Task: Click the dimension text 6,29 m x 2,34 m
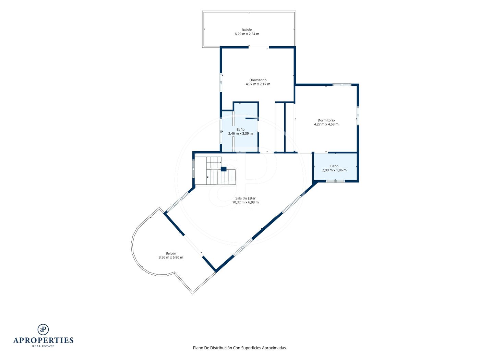[x=247, y=34]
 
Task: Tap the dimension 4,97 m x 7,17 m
[x=258, y=84]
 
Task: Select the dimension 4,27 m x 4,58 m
[x=326, y=124]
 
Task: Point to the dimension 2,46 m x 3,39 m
[x=241, y=133]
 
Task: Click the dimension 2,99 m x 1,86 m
[x=334, y=170]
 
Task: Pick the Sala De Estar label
[x=245, y=198]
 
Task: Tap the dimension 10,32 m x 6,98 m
[x=245, y=202]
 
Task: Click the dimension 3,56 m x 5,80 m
[x=171, y=257]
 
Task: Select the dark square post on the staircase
[x=224, y=169]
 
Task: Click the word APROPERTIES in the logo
[x=43, y=340]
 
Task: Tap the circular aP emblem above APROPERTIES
[x=43, y=329]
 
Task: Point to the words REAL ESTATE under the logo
[x=43, y=346]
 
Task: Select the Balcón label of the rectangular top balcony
[x=247, y=30]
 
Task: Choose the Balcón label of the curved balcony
[x=171, y=253]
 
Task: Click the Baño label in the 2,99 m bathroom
[x=334, y=166]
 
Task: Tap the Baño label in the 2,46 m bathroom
[x=241, y=129]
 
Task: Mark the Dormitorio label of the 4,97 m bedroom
[x=258, y=80]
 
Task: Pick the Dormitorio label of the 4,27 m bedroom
[x=326, y=120]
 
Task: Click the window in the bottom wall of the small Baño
[x=335, y=181]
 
